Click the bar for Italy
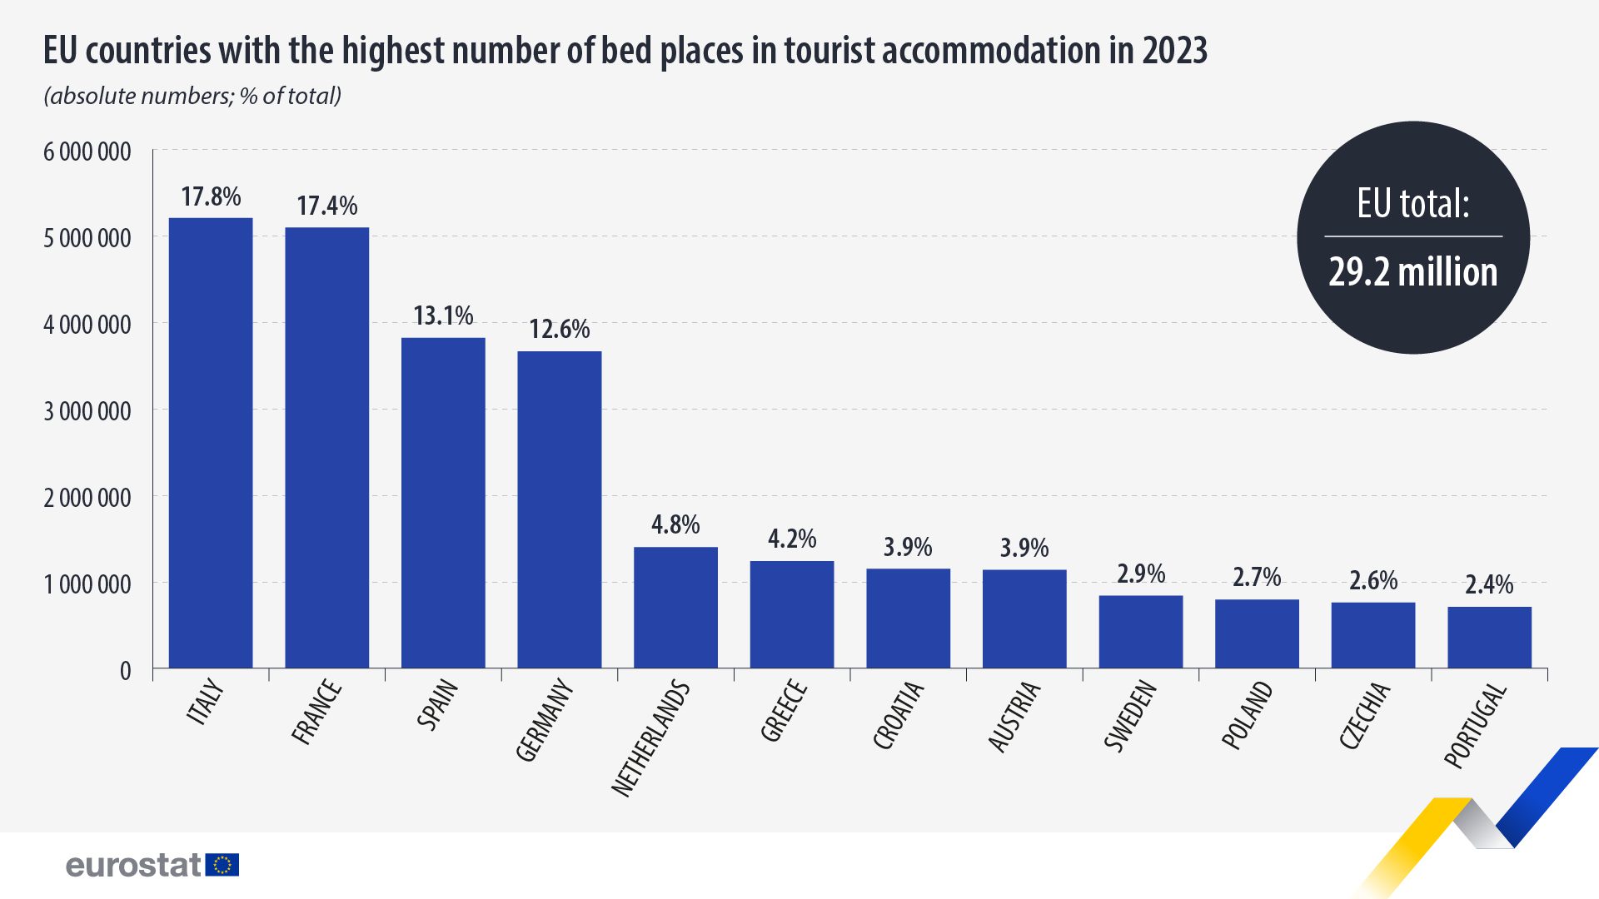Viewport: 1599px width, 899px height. (x=211, y=443)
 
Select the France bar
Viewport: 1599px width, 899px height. (x=326, y=448)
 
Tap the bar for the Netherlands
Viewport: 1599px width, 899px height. (x=675, y=608)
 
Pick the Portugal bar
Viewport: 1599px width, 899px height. (x=1489, y=638)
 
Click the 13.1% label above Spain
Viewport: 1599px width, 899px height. (x=443, y=315)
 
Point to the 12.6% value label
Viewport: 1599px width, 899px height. (x=560, y=329)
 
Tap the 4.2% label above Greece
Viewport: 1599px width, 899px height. (x=792, y=539)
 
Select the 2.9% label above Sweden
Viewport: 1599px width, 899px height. (x=1141, y=574)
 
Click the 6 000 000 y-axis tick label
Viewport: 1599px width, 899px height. (x=87, y=151)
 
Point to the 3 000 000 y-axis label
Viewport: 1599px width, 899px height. (x=87, y=411)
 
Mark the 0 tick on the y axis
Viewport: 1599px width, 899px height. (x=125, y=671)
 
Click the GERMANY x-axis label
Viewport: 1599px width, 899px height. (x=545, y=721)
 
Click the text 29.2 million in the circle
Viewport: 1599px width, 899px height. (x=1412, y=272)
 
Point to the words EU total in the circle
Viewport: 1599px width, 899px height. (x=1412, y=204)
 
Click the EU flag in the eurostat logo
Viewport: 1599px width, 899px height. (x=222, y=865)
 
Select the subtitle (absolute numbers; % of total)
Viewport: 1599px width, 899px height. (x=192, y=96)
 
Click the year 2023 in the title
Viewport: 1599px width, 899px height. (x=1174, y=51)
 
